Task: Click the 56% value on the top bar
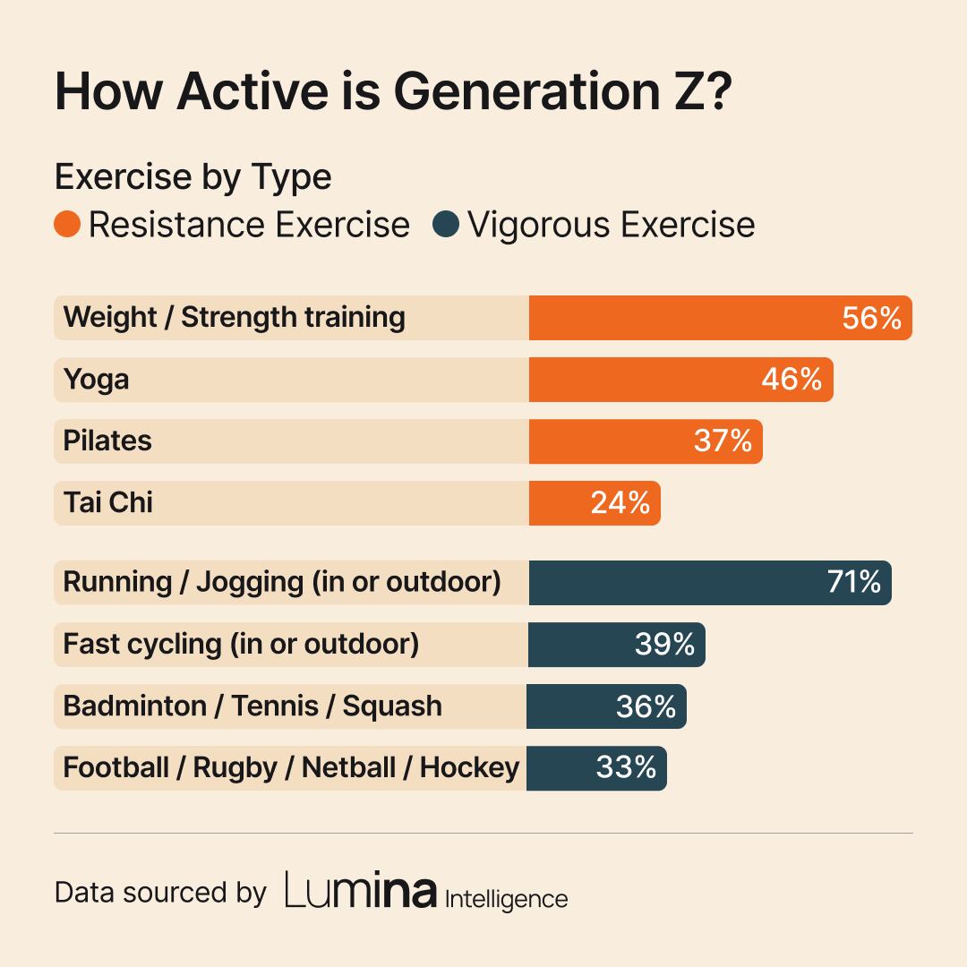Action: point(871,318)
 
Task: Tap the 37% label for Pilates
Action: point(723,441)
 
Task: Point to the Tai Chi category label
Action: point(107,502)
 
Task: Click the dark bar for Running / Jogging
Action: point(672,583)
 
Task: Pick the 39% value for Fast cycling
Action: point(664,645)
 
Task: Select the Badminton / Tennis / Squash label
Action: point(252,706)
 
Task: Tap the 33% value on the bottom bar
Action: point(626,768)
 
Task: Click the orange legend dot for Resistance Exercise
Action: point(67,224)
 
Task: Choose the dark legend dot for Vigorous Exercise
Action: point(445,224)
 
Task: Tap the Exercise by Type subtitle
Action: point(193,176)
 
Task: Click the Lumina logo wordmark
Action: point(361,891)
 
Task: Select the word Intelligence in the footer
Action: point(506,898)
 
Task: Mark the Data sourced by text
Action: point(160,893)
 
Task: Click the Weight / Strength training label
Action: point(234,318)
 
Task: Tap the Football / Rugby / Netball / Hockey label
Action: point(291,768)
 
